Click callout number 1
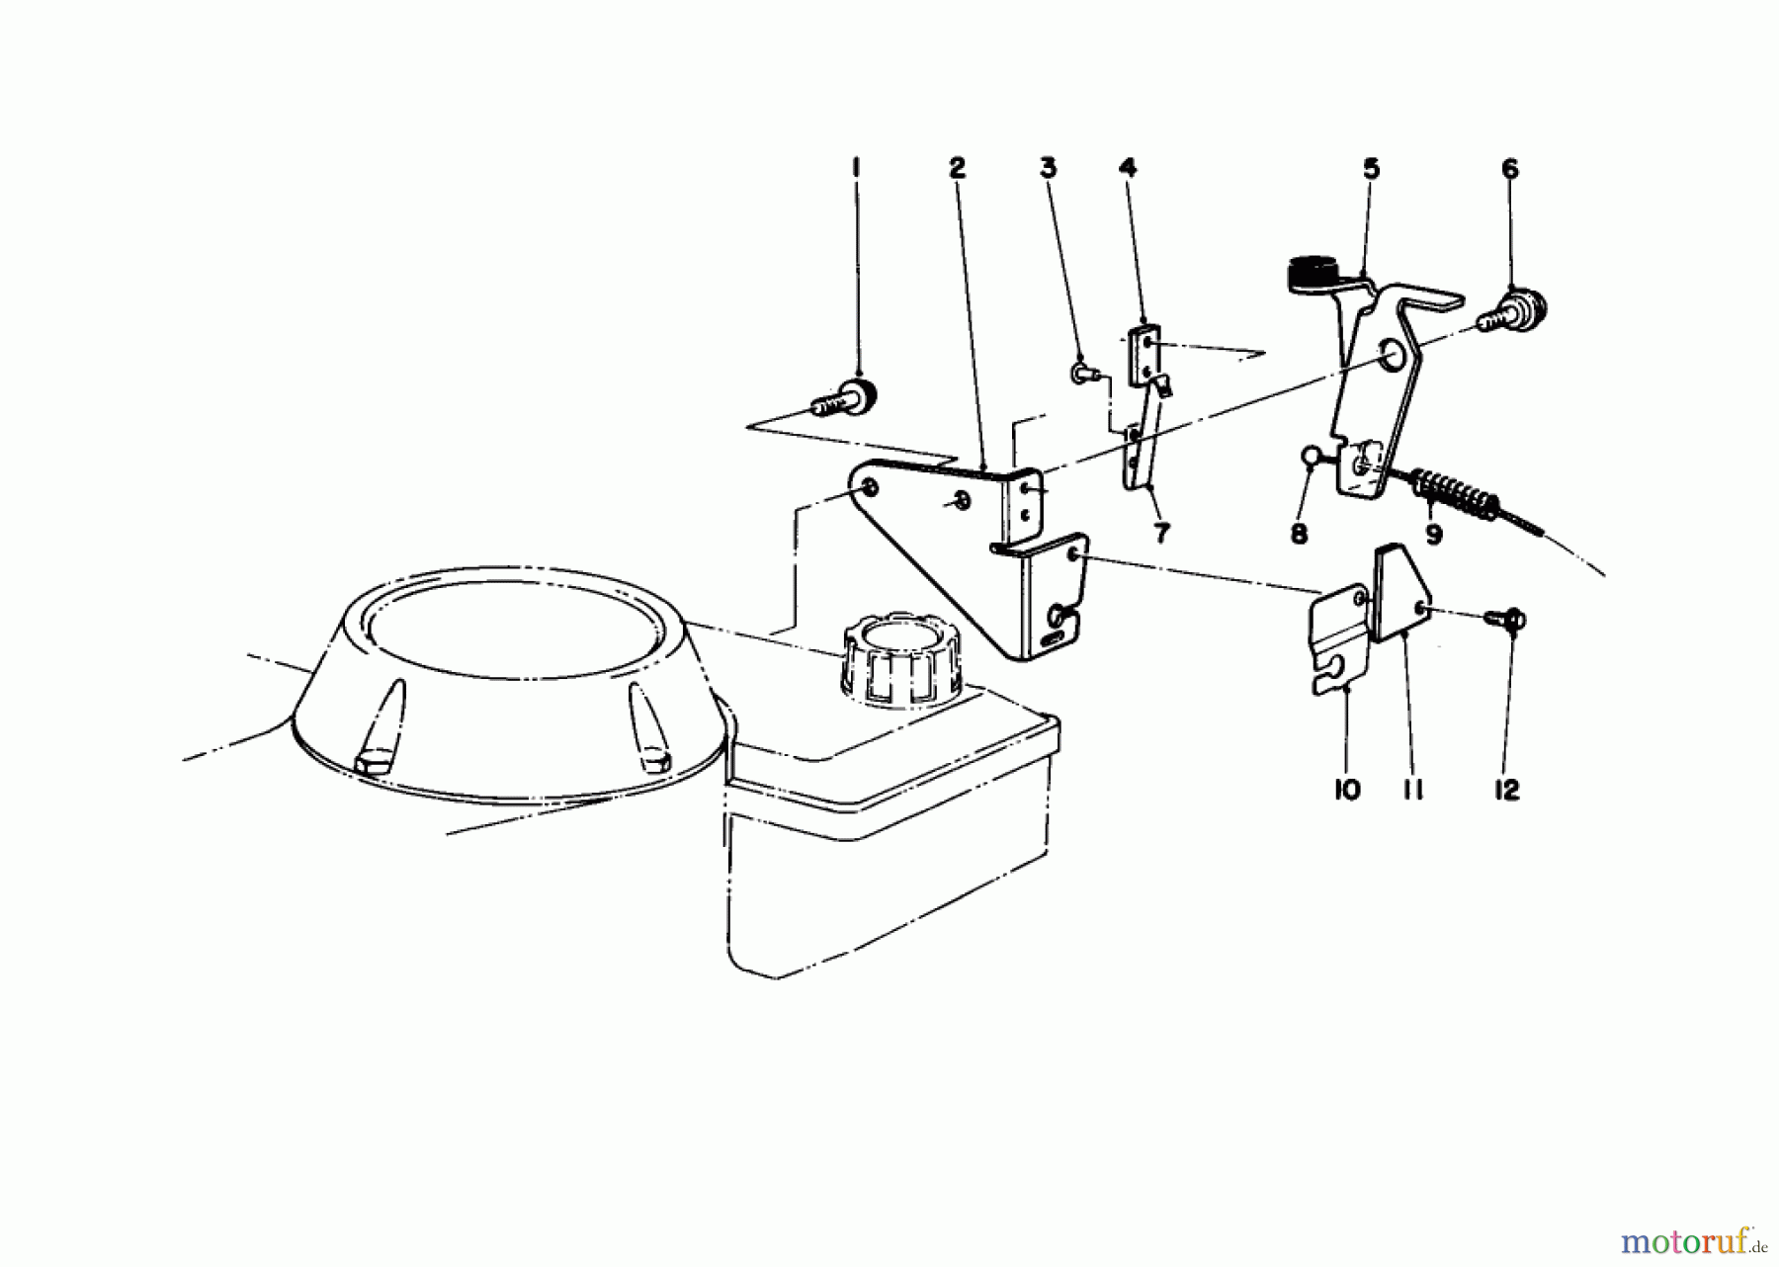pos(856,169)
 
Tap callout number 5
pos(1371,169)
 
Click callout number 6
pos(1509,169)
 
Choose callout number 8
pos(1299,534)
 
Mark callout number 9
pos(1433,535)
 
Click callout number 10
pos(1347,790)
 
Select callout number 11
pos(1412,790)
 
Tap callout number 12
pos(1506,790)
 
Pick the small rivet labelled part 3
pos(1081,373)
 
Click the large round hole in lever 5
pos(1396,357)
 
